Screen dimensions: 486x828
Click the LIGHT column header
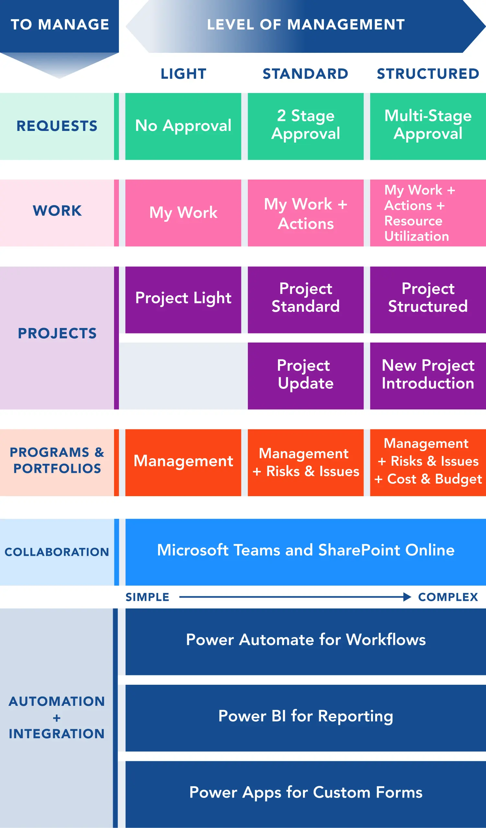click(183, 74)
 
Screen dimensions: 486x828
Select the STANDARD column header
click(306, 74)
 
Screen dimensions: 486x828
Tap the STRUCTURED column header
click(428, 74)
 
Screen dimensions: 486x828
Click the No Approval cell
click(183, 126)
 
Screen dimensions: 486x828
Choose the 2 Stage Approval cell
click(306, 126)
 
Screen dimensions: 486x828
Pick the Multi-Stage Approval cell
click(428, 126)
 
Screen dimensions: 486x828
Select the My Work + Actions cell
click(306, 213)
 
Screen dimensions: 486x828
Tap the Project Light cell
click(183, 300)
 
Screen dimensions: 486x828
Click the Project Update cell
click(306, 376)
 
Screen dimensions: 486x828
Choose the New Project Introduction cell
click(428, 376)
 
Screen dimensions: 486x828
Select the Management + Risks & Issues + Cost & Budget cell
click(428, 463)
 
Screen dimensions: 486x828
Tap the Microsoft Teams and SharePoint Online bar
click(306, 552)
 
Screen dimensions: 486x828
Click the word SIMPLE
click(147, 597)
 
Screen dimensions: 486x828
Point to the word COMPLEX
click(448, 597)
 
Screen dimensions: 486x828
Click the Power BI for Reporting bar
click(306, 718)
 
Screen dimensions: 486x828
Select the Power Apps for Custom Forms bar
click(306, 795)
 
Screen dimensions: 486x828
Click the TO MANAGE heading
click(60, 25)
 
